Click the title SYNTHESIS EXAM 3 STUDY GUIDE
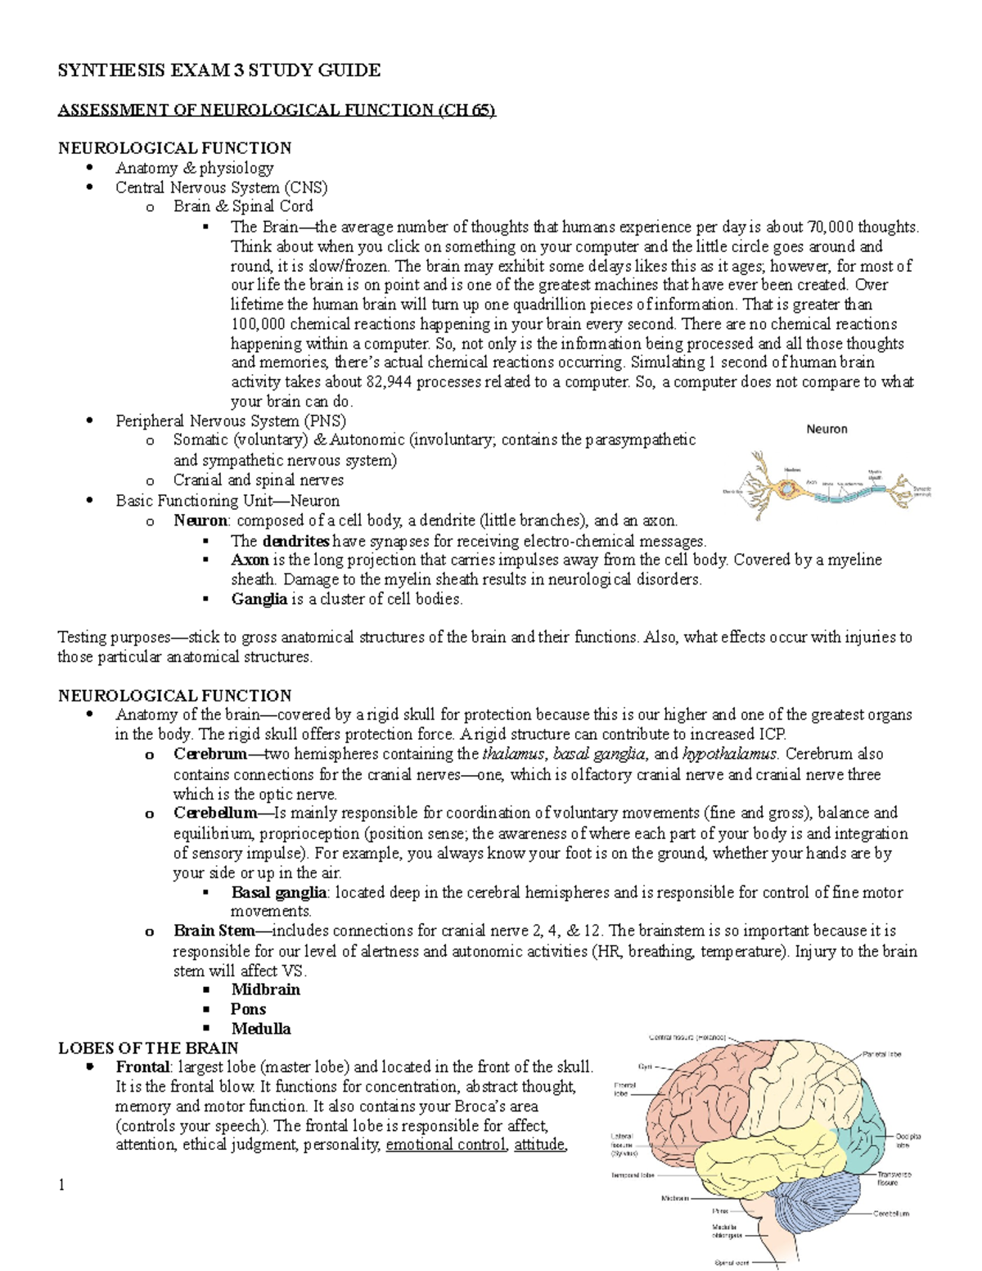218,70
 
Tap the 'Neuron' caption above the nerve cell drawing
827,429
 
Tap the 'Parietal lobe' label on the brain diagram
882,1054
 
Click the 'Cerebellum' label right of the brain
891,1214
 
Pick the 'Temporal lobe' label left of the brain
633,1174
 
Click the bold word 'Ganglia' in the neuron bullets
259,599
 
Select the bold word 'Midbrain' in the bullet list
265,989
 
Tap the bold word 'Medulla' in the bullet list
260,1029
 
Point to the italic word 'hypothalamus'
728,754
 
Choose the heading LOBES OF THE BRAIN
148,1048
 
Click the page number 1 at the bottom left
61,1185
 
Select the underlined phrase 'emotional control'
446,1145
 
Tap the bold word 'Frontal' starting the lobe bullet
143,1067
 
